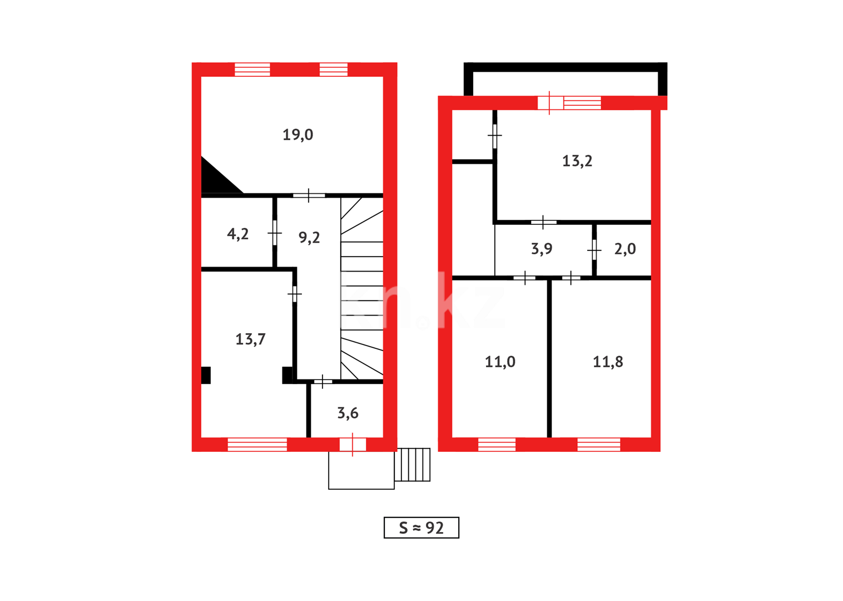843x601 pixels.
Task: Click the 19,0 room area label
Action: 297,135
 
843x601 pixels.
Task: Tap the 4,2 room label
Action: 237,234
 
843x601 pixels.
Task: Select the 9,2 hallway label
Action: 309,238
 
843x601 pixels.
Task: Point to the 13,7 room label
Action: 250,339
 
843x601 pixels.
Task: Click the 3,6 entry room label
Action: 348,413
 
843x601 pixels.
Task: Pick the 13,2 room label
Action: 577,161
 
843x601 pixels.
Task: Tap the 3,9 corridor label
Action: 542,249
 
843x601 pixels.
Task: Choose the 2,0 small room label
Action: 624,249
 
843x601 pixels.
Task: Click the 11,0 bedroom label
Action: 500,362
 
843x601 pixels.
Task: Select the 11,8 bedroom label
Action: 608,362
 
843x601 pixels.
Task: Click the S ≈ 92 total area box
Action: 421,528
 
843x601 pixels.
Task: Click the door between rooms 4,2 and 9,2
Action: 275,233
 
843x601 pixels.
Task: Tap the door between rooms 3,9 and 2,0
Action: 594,250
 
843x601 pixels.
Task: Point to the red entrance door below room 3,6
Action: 353,444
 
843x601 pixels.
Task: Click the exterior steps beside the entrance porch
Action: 412,465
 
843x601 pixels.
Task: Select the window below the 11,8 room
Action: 598,444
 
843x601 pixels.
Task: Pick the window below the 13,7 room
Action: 257,444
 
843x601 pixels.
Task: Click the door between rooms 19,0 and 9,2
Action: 309,195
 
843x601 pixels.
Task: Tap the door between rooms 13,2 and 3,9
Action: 543,222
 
